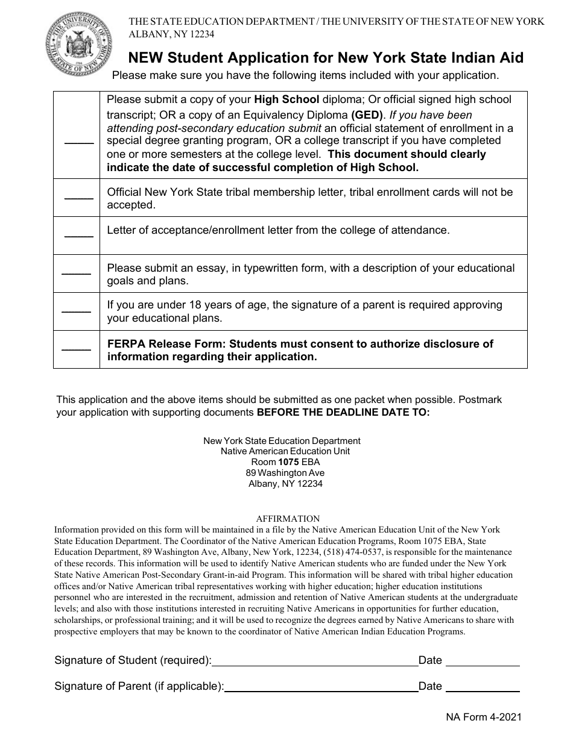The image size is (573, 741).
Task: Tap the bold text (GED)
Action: pos(367,114)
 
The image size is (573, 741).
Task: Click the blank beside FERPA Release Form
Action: pos(77,349)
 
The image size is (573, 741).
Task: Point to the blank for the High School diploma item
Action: pos(79,143)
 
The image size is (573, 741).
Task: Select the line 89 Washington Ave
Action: pos(285,473)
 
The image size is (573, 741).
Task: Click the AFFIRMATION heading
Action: pos(288,519)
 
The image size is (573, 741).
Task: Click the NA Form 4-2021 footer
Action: pos(484,717)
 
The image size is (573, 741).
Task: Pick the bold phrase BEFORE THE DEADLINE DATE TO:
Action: pos(343,413)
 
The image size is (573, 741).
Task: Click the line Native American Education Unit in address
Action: pos(285,451)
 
